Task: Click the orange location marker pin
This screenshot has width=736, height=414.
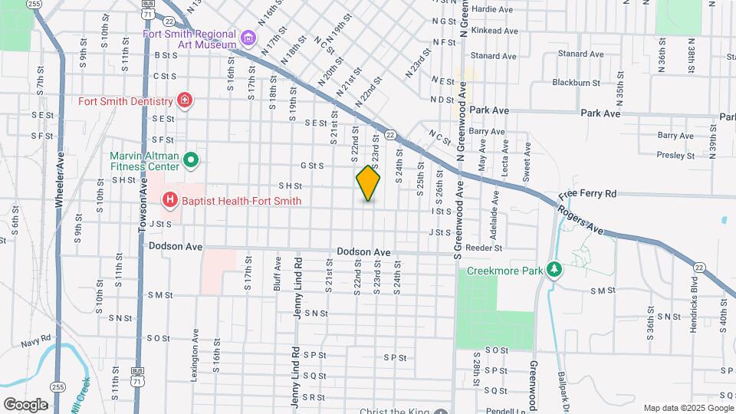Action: pyautogui.click(x=368, y=183)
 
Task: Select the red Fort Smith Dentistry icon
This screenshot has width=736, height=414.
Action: pyautogui.click(x=184, y=100)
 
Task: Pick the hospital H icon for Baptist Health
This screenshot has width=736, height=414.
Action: pyautogui.click(x=169, y=201)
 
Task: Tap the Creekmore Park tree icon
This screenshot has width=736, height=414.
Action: pyautogui.click(x=554, y=271)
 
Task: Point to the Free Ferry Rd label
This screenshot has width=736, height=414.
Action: pyautogui.click(x=588, y=194)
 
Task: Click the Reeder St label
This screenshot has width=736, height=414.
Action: pyautogui.click(x=487, y=248)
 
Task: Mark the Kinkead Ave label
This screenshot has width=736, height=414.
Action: pyautogui.click(x=494, y=31)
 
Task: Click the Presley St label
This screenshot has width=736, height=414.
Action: pyautogui.click(x=675, y=155)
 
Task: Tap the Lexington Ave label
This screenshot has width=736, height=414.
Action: pyautogui.click(x=197, y=361)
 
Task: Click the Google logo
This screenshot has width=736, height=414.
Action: pyautogui.click(x=25, y=404)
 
